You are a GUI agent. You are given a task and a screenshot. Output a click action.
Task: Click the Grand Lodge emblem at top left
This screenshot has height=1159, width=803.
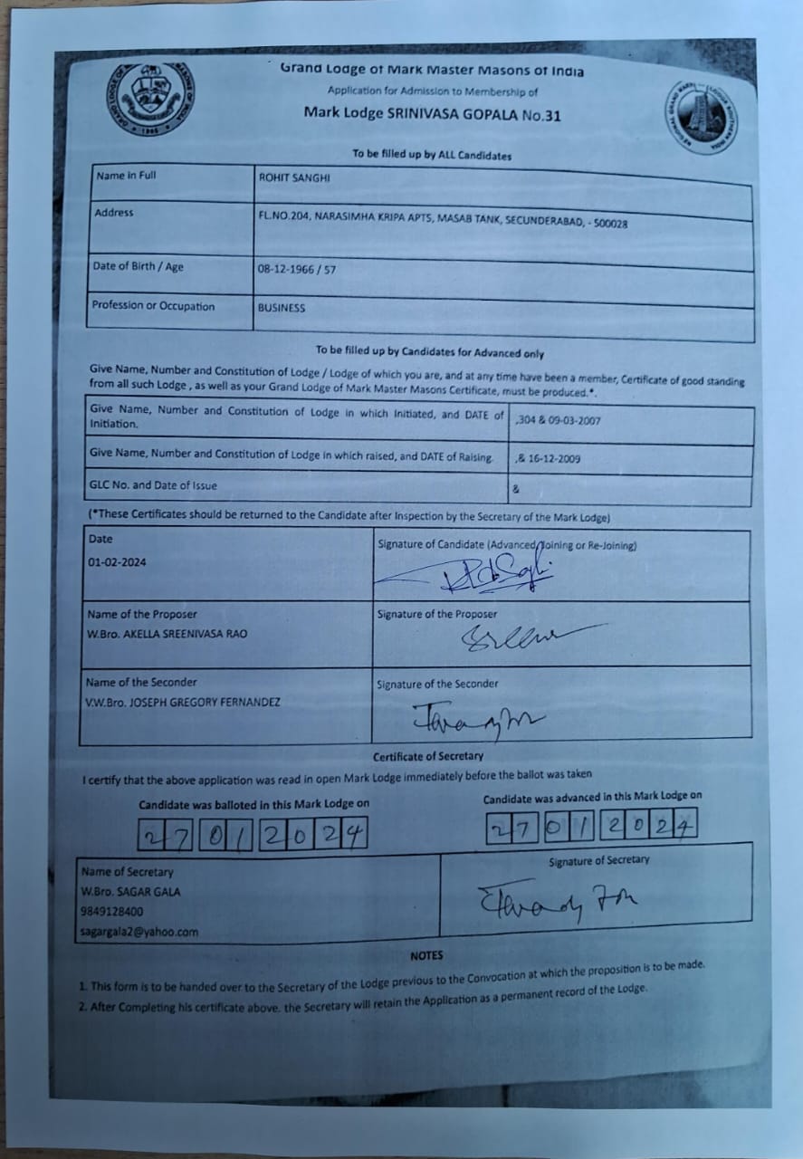coord(150,99)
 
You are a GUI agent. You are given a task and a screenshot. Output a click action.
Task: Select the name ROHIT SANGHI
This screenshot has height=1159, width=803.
coord(294,178)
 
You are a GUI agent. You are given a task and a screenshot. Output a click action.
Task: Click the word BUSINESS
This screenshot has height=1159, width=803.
coord(282,308)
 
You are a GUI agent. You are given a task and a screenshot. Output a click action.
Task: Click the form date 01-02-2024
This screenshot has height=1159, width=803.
coord(117,561)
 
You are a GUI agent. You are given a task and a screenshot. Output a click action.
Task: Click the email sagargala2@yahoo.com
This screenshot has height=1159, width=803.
coord(139,932)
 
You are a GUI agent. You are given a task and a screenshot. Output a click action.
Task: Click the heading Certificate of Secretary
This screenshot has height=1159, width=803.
coord(428,756)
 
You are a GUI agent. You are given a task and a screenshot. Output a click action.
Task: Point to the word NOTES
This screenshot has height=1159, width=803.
coord(426,955)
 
